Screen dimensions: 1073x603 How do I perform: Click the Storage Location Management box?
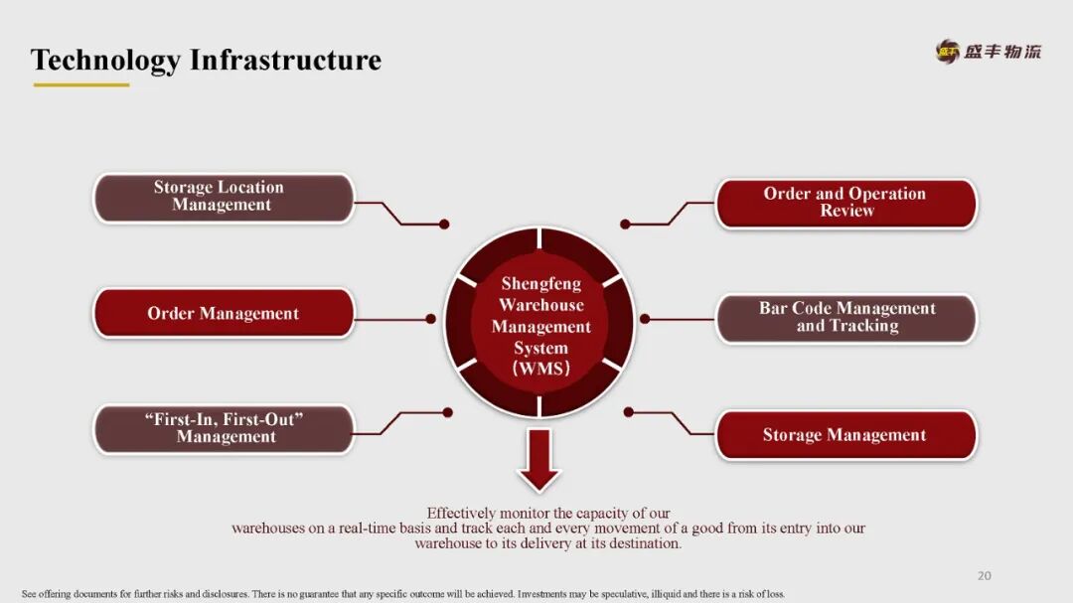click(224, 197)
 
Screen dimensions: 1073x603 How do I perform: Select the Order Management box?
click(224, 314)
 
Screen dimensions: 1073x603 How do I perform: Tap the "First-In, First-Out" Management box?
click(224, 428)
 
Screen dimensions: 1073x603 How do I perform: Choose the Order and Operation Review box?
click(846, 203)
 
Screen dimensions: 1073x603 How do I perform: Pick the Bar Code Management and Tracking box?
click(846, 318)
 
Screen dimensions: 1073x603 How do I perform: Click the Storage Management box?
click(846, 435)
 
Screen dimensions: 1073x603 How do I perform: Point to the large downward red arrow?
click(539, 459)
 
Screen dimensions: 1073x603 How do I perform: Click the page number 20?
click(985, 575)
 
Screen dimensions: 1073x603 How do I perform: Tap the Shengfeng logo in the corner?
click(989, 52)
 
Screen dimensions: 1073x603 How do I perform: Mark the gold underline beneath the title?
click(81, 84)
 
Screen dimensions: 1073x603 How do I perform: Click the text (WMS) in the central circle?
click(541, 370)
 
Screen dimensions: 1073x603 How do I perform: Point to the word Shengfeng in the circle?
click(541, 284)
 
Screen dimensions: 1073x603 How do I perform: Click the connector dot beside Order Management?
click(431, 319)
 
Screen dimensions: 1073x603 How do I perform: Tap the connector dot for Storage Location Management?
click(444, 225)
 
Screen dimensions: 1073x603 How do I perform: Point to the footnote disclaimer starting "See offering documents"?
click(402, 594)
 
